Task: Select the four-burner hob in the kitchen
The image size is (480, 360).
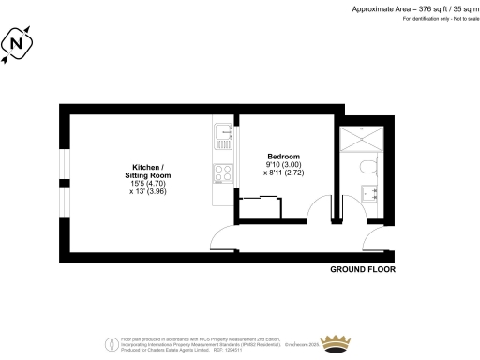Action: [224, 172]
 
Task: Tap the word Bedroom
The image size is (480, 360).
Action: [283, 156]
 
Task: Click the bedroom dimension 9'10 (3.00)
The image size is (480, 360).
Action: [283, 165]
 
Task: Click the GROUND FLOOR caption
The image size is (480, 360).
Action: [363, 269]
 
